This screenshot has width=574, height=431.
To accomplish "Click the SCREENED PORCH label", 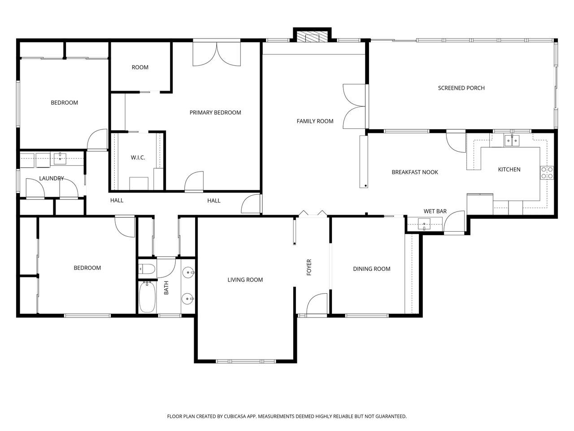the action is point(461,88).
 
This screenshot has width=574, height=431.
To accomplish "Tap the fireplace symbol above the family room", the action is point(312,37).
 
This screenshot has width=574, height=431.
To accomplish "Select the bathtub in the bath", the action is point(147,297).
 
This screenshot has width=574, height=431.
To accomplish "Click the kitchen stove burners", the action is point(547,173).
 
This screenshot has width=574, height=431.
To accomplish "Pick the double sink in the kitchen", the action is point(512,141).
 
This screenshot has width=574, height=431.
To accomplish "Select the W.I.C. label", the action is point(138,158).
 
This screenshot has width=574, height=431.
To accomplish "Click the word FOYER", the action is point(309,267).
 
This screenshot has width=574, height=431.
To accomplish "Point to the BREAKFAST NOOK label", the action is point(415,172).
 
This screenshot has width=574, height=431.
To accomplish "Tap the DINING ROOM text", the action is point(372,269).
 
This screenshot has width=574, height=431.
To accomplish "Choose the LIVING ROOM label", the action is point(245,280).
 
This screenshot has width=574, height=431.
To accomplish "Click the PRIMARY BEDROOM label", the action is point(215,113).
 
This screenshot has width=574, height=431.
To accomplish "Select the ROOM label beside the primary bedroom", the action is point(140,67).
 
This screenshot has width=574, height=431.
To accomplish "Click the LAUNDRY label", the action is point(52,178).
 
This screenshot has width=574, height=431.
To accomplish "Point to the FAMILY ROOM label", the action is point(315,121).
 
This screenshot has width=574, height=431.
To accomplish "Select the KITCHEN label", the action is point(509,170).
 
